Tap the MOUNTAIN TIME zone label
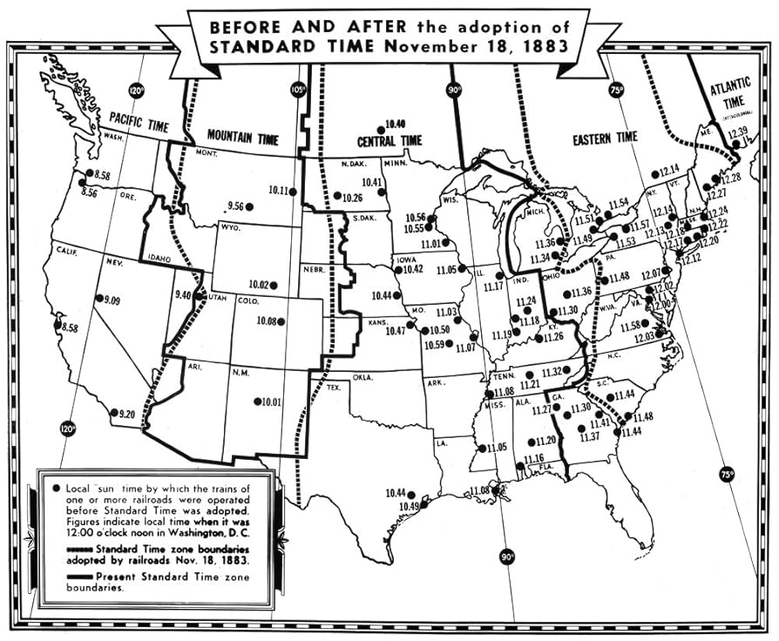242,137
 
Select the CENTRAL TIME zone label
389,140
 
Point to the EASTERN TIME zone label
604,137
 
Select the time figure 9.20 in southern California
127,414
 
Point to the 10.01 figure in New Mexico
270,401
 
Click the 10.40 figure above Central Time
395,124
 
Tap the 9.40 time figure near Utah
182,295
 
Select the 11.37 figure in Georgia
590,435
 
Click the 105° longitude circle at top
300,90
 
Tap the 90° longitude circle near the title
455,90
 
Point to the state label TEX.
334,387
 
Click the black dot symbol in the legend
56,489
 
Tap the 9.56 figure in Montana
235,206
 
